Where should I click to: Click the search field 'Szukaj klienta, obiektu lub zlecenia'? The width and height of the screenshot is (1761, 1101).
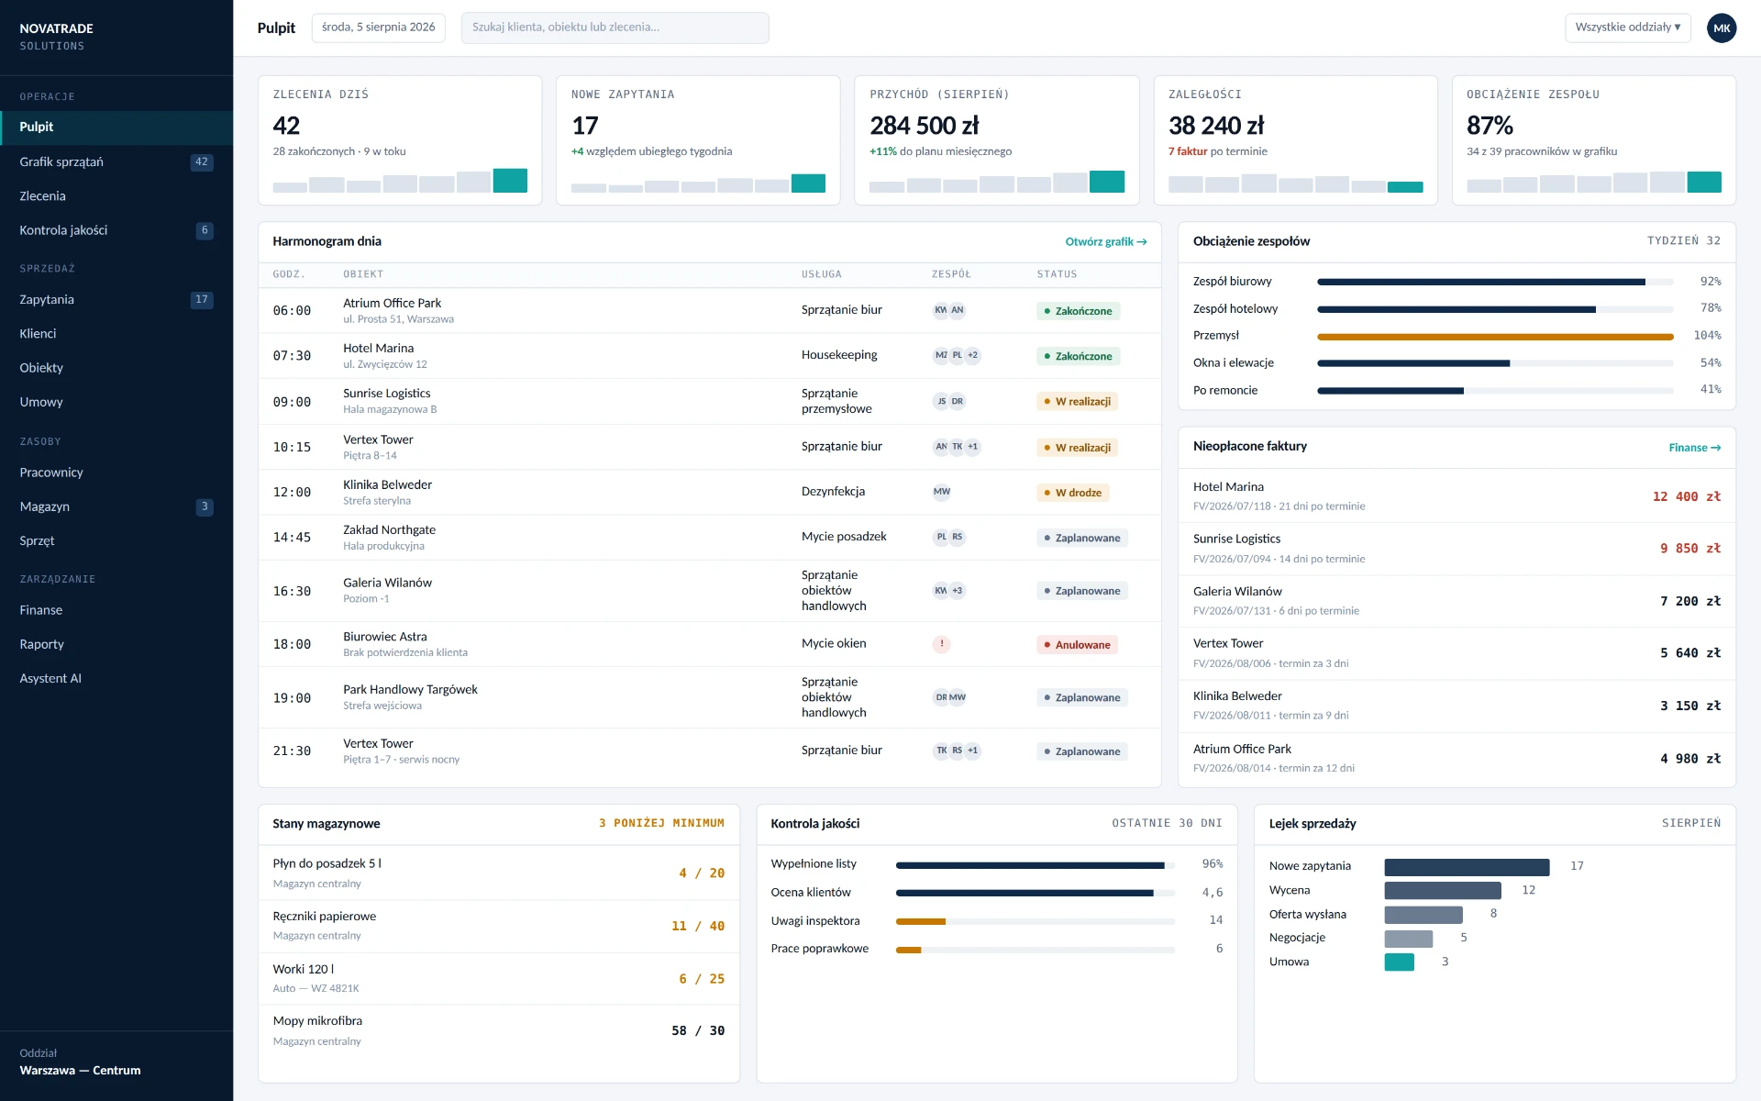pyautogui.click(x=615, y=28)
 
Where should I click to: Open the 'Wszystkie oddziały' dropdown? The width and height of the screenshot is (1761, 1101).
pyautogui.click(x=1627, y=28)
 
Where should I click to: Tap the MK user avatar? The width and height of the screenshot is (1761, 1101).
pyautogui.click(x=1722, y=28)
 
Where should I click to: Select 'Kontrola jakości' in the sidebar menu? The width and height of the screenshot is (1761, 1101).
pyautogui.click(x=63, y=230)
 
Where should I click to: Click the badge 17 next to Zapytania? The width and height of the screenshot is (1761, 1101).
pyautogui.click(x=202, y=300)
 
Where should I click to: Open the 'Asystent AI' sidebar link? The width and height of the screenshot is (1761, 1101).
pyautogui.click(x=50, y=679)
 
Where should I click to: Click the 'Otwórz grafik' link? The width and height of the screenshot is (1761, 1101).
pyautogui.click(x=1105, y=242)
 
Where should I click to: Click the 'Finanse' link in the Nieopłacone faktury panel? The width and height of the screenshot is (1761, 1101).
pyautogui.click(x=1694, y=448)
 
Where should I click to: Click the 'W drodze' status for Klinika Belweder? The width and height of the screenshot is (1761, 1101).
pyautogui.click(x=1072, y=493)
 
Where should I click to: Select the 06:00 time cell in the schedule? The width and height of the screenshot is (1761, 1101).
pyautogui.click(x=292, y=311)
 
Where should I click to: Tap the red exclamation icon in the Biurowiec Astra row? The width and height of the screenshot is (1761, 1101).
pyautogui.click(x=941, y=644)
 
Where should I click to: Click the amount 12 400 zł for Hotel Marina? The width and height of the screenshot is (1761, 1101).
pyautogui.click(x=1686, y=496)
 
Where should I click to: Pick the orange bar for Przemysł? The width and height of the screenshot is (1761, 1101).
pyautogui.click(x=1495, y=337)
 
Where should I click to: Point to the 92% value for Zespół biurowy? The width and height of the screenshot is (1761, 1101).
pyautogui.click(x=1711, y=282)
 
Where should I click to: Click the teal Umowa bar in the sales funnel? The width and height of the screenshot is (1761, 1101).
pyautogui.click(x=1399, y=962)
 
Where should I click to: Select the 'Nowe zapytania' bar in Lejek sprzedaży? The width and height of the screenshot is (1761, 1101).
pyautogui.click(x=1467, y=867)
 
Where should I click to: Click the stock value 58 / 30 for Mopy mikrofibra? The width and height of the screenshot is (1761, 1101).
pyautogui.click(x=698, y=1031)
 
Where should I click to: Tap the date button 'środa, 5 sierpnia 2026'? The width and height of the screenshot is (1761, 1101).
pyautogui.click(x=379, y=28)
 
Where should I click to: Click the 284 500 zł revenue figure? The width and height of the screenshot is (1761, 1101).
pyautogui.click(x=925, y=126)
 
